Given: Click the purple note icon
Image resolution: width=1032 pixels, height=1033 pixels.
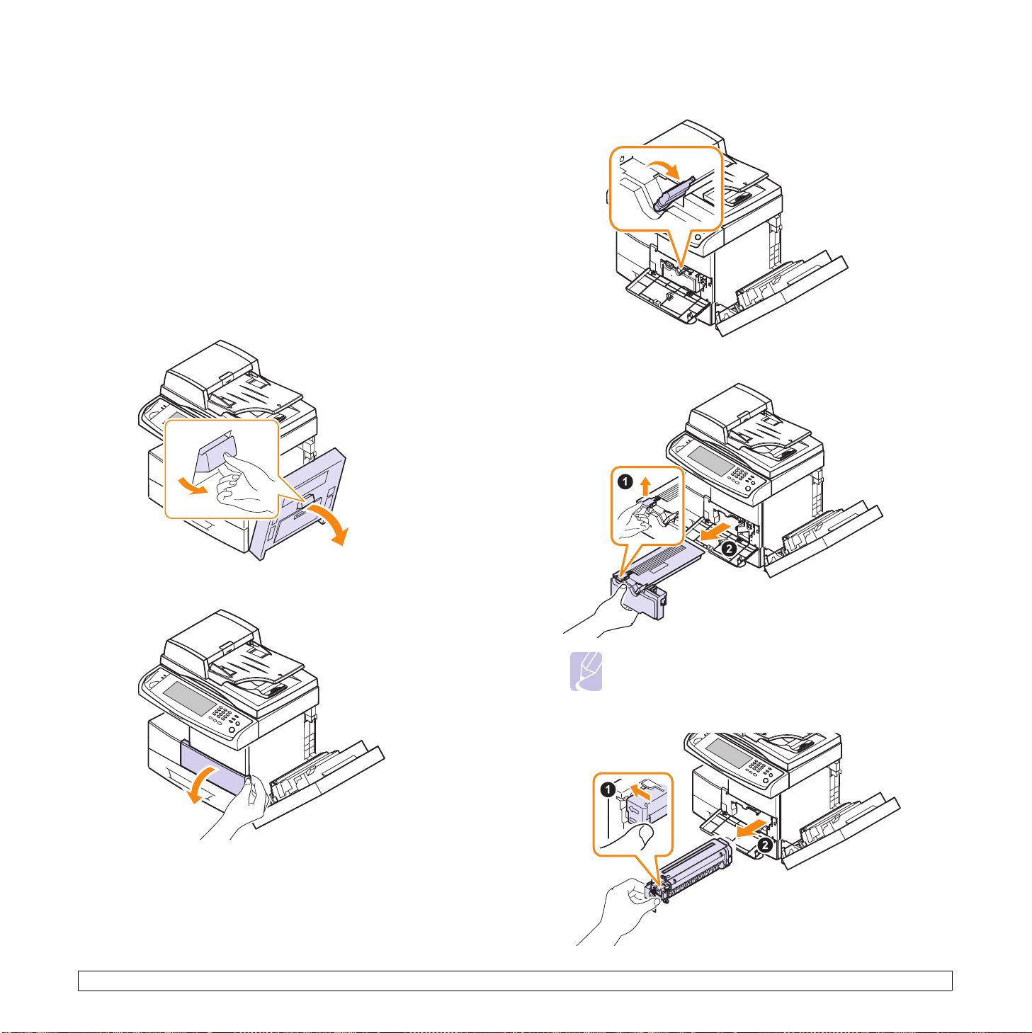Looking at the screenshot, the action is click(x=586, y=670).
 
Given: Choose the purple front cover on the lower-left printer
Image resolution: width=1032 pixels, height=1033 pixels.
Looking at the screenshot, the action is click(x=215, y=767).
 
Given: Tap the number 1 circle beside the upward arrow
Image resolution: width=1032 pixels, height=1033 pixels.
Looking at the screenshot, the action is click(x=625, y=482).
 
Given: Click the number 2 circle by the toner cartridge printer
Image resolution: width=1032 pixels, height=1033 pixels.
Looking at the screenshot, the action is click(x=728, y=548).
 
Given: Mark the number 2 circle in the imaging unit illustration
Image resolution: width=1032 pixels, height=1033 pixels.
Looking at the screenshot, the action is click(x=765, y=845).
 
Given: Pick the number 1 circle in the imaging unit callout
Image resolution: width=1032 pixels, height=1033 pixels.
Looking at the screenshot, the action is click(x=607, y=789).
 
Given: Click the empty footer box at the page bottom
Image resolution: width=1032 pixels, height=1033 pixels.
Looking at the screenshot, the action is click(x=515, y=981).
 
